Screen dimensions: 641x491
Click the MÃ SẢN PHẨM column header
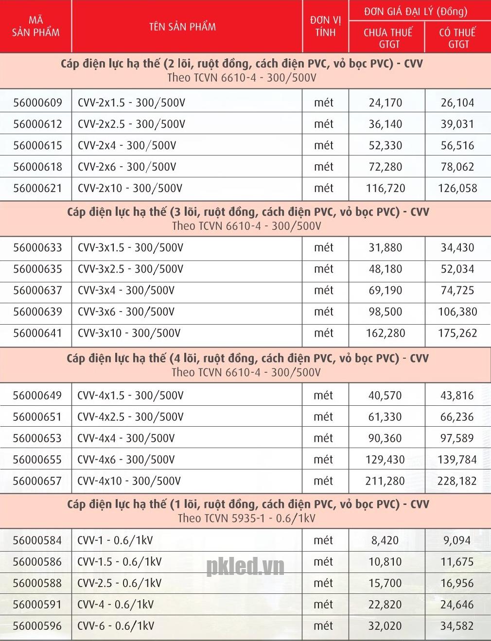coord(35,27)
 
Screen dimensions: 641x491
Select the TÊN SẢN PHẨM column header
coord(182,27)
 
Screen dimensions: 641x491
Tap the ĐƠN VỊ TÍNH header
coord(325,27)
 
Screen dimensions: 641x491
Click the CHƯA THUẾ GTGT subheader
coord(387,38)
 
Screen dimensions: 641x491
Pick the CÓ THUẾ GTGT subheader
coord(457,38)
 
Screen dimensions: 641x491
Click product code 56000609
coord(37,103)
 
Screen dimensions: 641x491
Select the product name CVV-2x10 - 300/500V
coord(130,189)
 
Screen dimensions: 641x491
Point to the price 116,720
coord(386,189)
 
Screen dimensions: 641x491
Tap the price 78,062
coord(457,167)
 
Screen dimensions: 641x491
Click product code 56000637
coord(37,291)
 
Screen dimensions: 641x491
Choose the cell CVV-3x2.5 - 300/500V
coord(130,269)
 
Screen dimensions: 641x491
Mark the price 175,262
coord(457,333)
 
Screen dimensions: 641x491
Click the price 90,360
coord(385,438)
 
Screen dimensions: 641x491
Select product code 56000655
coord(37,460)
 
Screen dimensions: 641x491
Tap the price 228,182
coord(457,481)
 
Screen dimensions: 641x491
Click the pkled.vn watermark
coord(245,567)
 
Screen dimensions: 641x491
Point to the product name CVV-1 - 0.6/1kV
coord(115,540)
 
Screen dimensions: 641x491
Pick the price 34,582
coord(457,626)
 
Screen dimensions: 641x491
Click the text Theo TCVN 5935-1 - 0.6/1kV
coord(246,519)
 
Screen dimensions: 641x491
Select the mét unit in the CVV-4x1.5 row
coord(323,396)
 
